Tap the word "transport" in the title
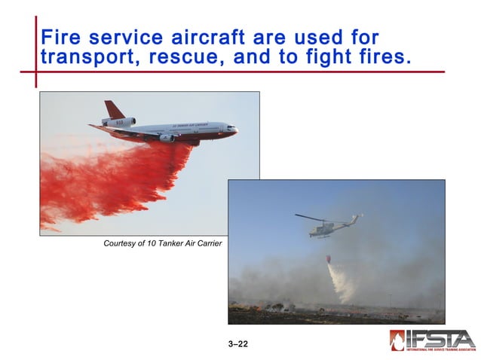tap(84, 57)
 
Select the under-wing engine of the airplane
tap(166, 138)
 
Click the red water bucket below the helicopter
tap(328, 258)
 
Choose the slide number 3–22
tap(237, 344)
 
